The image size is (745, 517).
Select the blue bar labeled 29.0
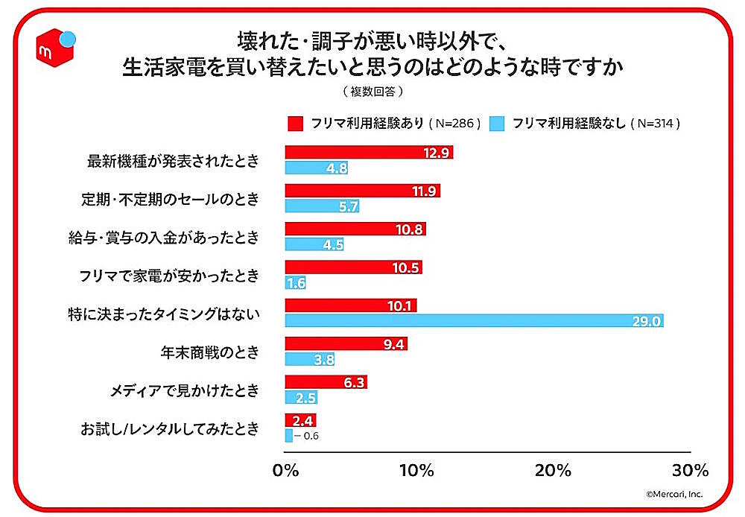point(474,320)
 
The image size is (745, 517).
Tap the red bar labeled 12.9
point(369,153)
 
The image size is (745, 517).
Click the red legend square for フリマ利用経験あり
point(295,123)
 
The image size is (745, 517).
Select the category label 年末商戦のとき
point(210,352)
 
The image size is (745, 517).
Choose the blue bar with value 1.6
point(295,282)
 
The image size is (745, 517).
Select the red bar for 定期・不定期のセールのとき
point(363,191)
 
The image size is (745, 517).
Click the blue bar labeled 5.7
point(322,206)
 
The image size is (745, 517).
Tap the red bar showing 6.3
point(326,382)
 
